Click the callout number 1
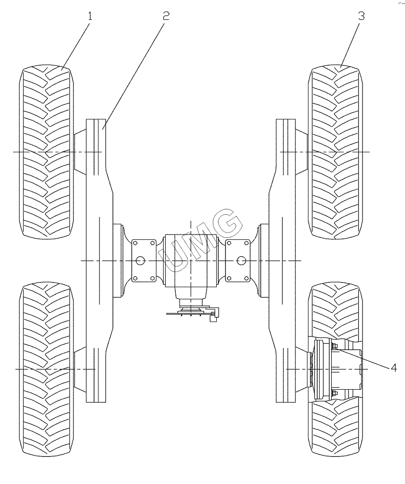click(x=90, y=15)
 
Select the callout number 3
click(x=361, y=15)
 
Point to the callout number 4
click(x=394, y=368)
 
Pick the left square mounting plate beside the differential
click(x=143, y=261)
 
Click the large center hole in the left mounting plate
click(x=140, y=261)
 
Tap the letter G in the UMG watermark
click(x=227, y=223)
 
